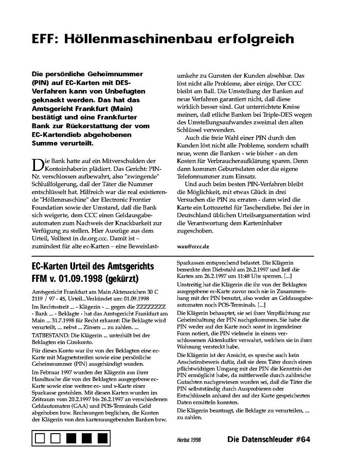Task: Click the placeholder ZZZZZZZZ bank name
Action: point(136,307)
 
